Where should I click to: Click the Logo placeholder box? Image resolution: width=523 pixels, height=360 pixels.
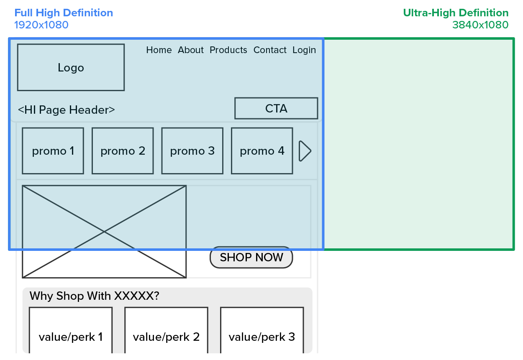tap(71, 67)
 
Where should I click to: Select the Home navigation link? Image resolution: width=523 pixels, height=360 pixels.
tap(159, 50)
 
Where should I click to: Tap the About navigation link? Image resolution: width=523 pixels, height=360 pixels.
tap(191, 50)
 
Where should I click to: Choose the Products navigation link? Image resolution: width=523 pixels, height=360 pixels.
tap(228, 50)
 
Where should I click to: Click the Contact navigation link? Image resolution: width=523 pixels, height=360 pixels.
tap(270, 50)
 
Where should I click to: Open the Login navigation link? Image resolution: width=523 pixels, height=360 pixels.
tap(304, 50)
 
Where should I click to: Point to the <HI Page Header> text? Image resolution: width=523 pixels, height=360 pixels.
tap(67, 110)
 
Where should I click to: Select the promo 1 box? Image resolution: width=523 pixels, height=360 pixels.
tap(53, 151)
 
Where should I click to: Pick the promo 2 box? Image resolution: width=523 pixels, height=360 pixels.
tap(123, 151)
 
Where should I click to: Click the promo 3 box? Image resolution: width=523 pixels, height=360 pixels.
tap(192, 151)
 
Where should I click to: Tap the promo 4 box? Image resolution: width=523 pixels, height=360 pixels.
tap(262, 151)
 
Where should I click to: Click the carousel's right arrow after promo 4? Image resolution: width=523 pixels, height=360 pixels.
tap(305, 151)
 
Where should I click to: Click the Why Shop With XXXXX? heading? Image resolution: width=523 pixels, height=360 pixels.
tap(95, 296)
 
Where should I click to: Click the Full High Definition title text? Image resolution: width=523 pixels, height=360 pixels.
tap(64, 13)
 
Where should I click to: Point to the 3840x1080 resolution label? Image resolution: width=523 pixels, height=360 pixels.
tap(480, 25)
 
